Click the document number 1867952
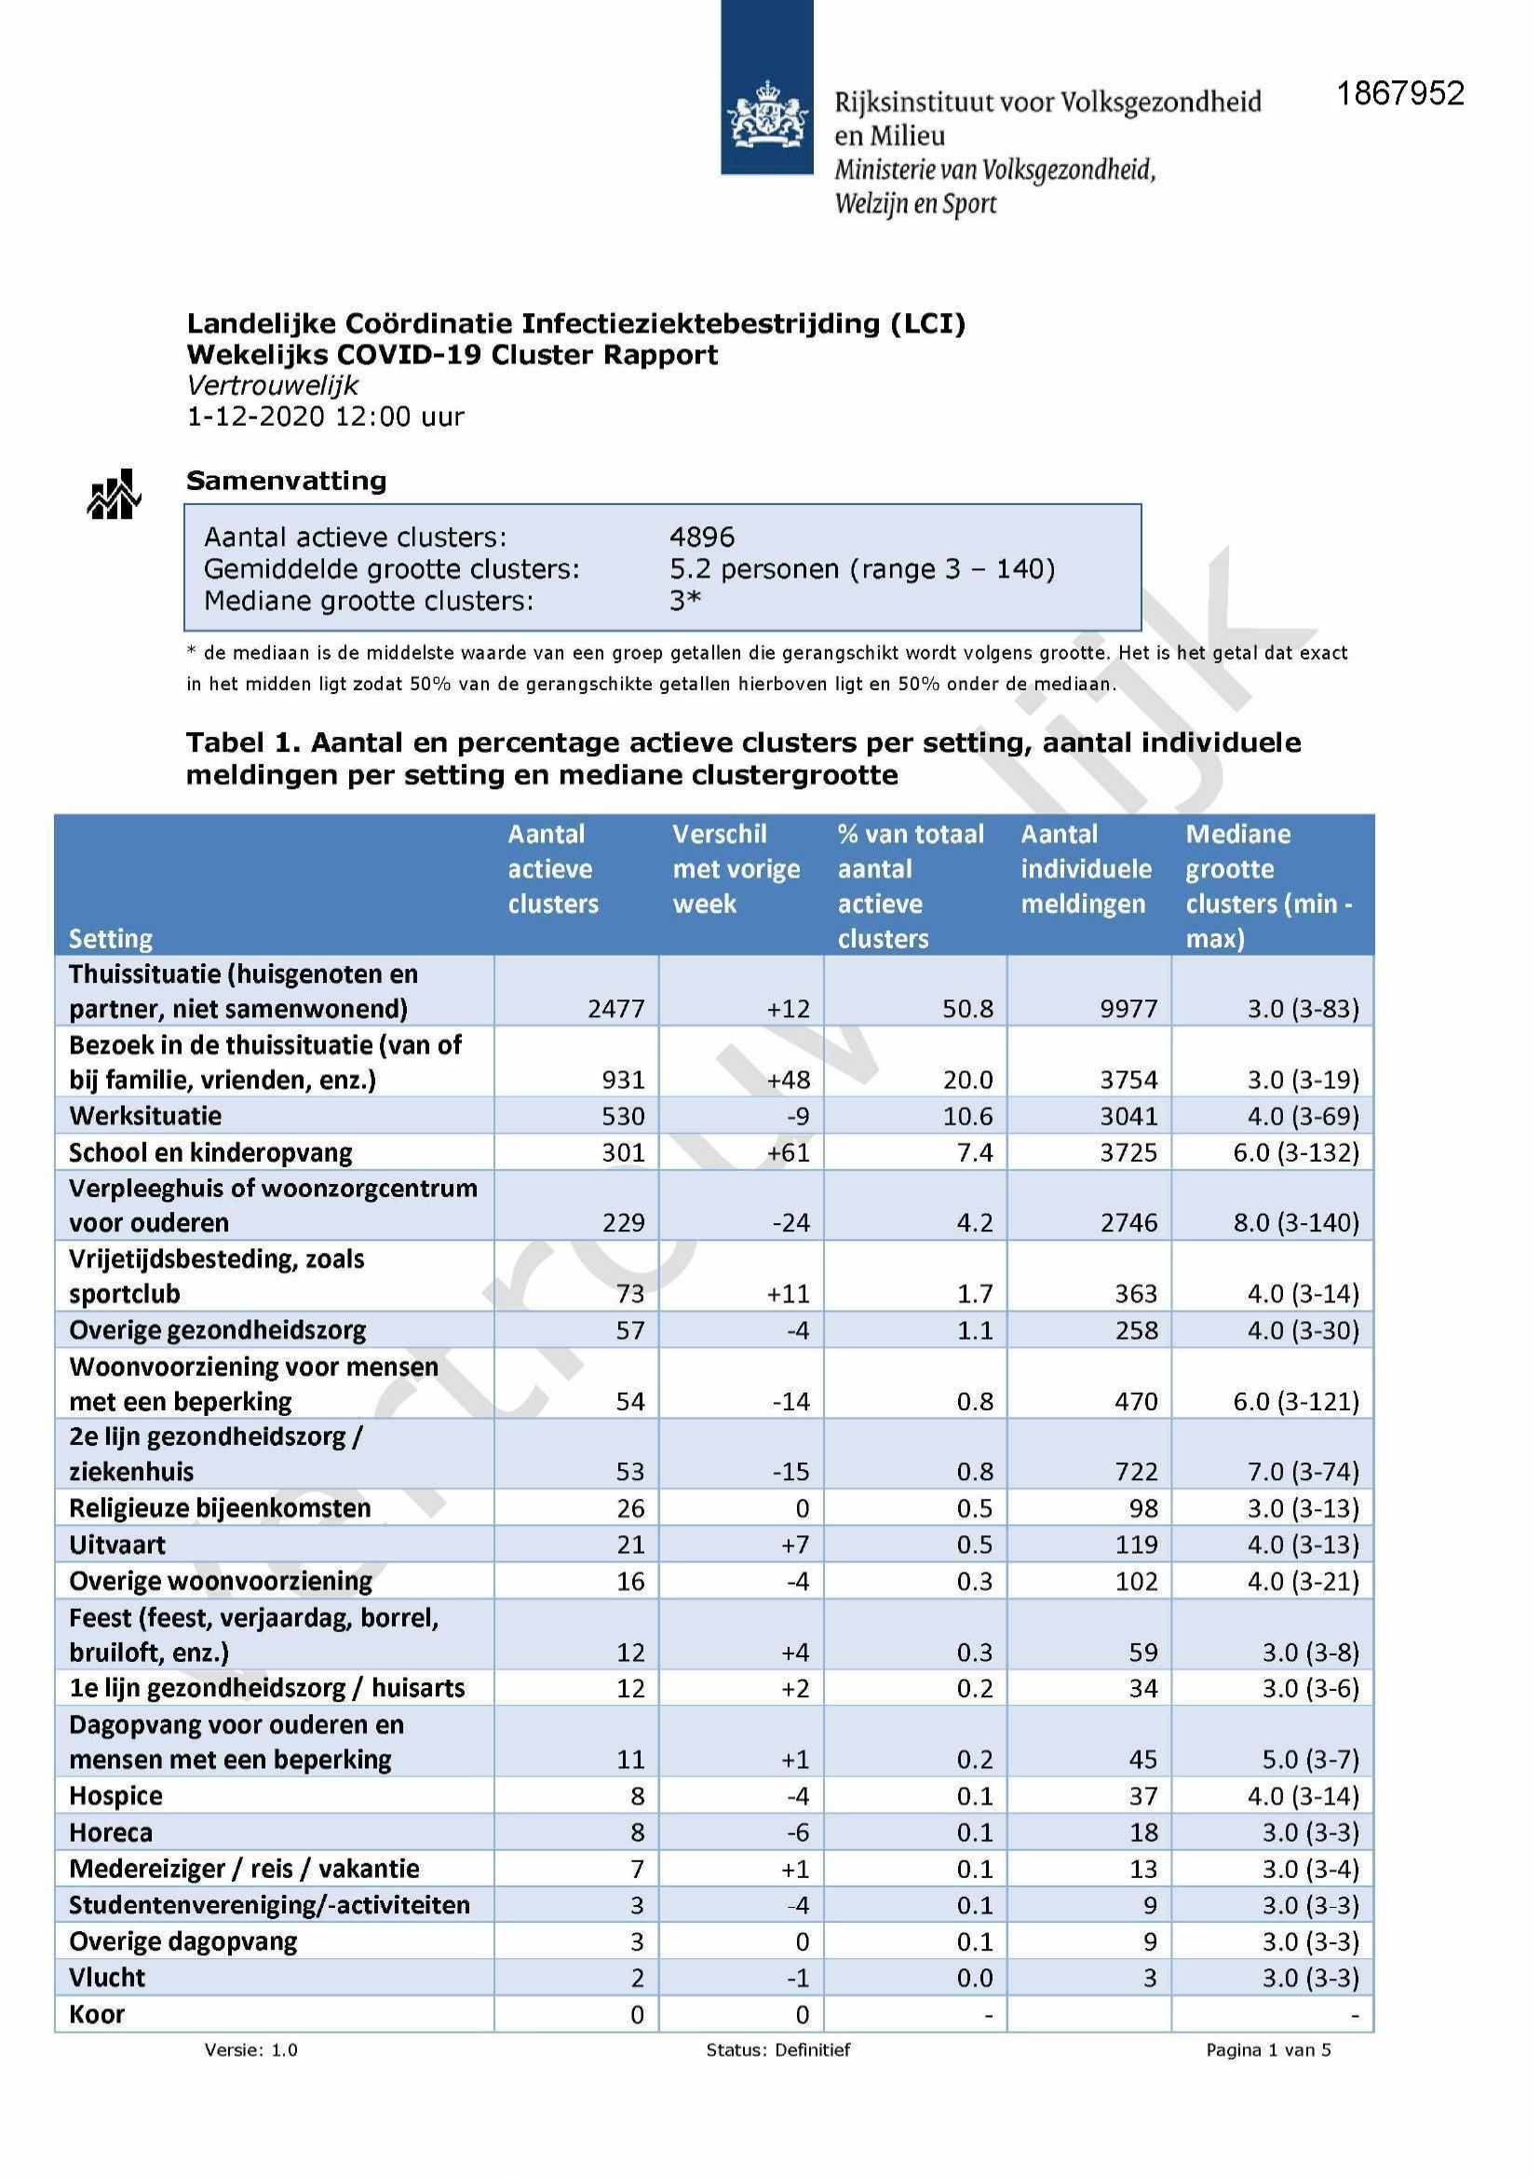(x=1399, y=93)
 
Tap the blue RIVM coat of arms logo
(x=766, y=88)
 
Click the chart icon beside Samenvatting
(x=114, y=495)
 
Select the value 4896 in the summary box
(x=702, y=537)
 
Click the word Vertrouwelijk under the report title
(x=272, y=385)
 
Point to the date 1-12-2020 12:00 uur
(x=325, y=416)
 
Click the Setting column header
(x=110, y=938)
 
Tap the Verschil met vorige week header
(x=736, y=868)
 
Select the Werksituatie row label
(x=145, y=1116)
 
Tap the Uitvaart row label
(x=117, y=1545)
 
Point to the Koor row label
(x=97, y=2014)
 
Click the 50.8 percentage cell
(x=967, y=1008)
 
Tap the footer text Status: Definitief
(x=777, y=2050)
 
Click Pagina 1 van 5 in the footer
(x=1268, y=2050)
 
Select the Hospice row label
(x=115, y=1796)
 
